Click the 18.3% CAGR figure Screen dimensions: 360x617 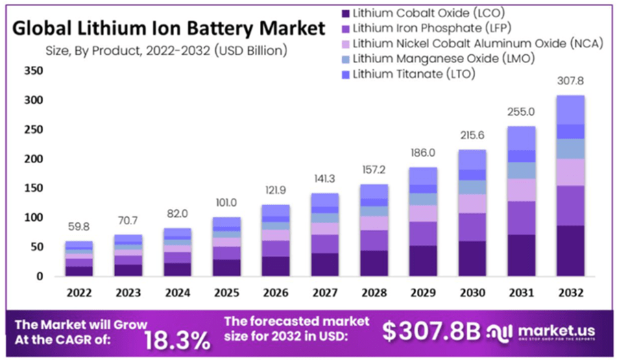pos(177,339)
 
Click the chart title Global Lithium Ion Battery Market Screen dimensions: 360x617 pos(168,29)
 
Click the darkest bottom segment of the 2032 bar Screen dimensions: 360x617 pos(570,250)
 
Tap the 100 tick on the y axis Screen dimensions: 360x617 pos(33,218)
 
